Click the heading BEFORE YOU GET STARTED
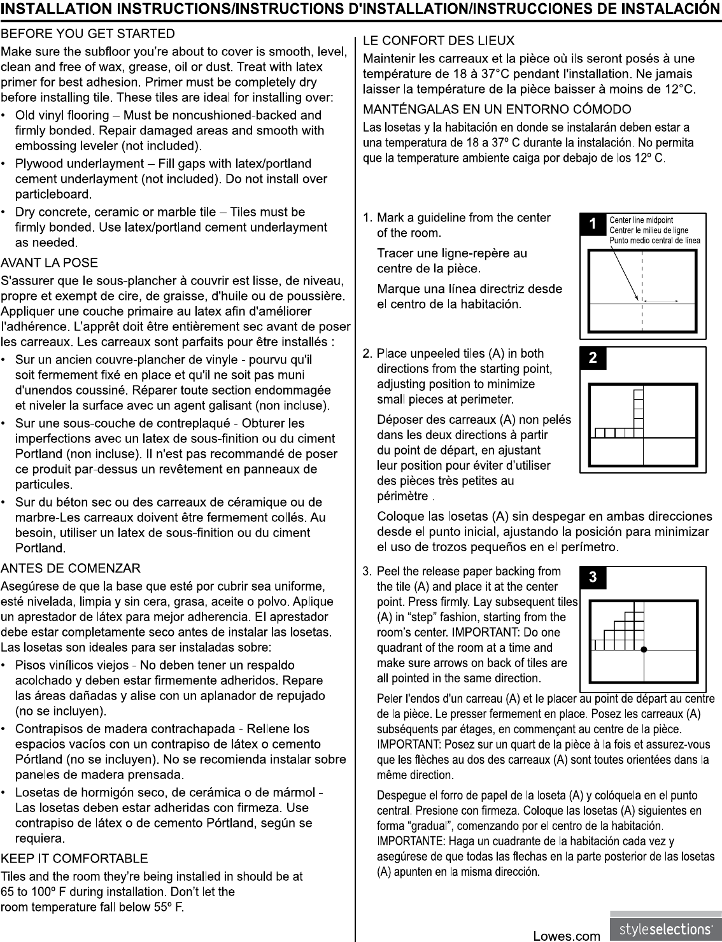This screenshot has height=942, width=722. (x=88, y=33)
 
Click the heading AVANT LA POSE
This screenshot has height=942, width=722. (x=50, y=263)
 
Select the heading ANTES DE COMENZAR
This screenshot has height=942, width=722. (x=71, y=568)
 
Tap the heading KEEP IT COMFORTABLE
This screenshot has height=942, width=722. (x=74, y=859)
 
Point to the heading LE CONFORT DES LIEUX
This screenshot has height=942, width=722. (x=438, y=41)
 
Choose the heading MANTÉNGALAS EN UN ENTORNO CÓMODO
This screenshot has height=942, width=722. (x=497, y=110)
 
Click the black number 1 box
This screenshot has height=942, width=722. (x=593, y=224)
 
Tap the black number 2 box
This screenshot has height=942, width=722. (x=593, y=358)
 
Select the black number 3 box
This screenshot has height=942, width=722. (x=593, y=577)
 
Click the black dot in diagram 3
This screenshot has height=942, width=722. (x=644, y=650)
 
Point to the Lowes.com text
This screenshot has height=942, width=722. (x=566, y=936)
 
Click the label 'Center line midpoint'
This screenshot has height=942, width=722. (x=641, y=220)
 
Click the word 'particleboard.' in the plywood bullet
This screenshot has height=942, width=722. (x=53, y=194)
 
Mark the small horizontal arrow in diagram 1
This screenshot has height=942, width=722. (x=662, y=300)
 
